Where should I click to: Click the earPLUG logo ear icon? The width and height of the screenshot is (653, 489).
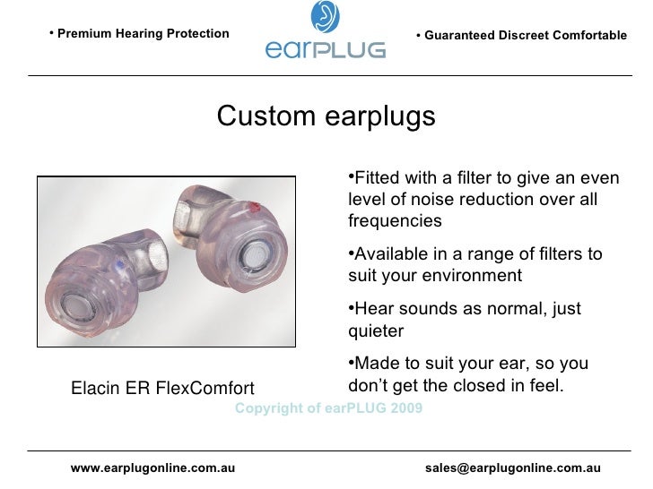(325, 16)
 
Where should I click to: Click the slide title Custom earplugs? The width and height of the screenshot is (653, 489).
(326, 116)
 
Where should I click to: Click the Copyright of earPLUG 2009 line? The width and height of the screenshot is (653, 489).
(328, 408)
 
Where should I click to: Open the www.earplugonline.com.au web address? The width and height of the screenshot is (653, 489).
(153, 468)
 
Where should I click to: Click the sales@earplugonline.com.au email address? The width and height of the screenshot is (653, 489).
(512, 468)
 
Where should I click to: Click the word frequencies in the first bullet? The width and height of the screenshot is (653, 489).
(395, 220)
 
